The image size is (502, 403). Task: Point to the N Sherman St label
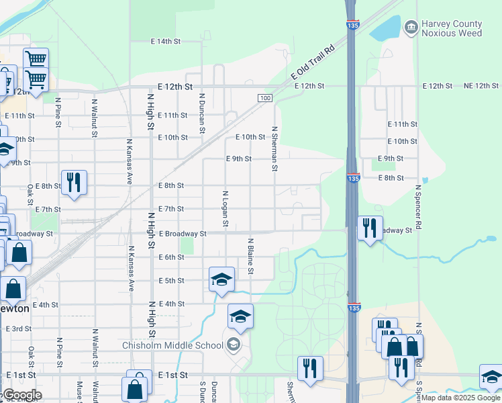point(274,149)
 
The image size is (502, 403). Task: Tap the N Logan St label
point(225,208)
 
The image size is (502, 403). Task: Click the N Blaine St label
point(250,256)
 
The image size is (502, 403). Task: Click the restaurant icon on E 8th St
point(73,182)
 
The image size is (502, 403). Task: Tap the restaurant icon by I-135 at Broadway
point(370,228)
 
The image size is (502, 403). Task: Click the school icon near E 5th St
point(221,279)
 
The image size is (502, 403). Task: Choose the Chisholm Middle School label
point(172,346)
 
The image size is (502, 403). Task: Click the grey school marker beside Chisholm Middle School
point(234,345)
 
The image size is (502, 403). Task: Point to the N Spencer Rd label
point(417,208)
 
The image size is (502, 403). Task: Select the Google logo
point(21,395)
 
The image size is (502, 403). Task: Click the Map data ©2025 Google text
point(460,398)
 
